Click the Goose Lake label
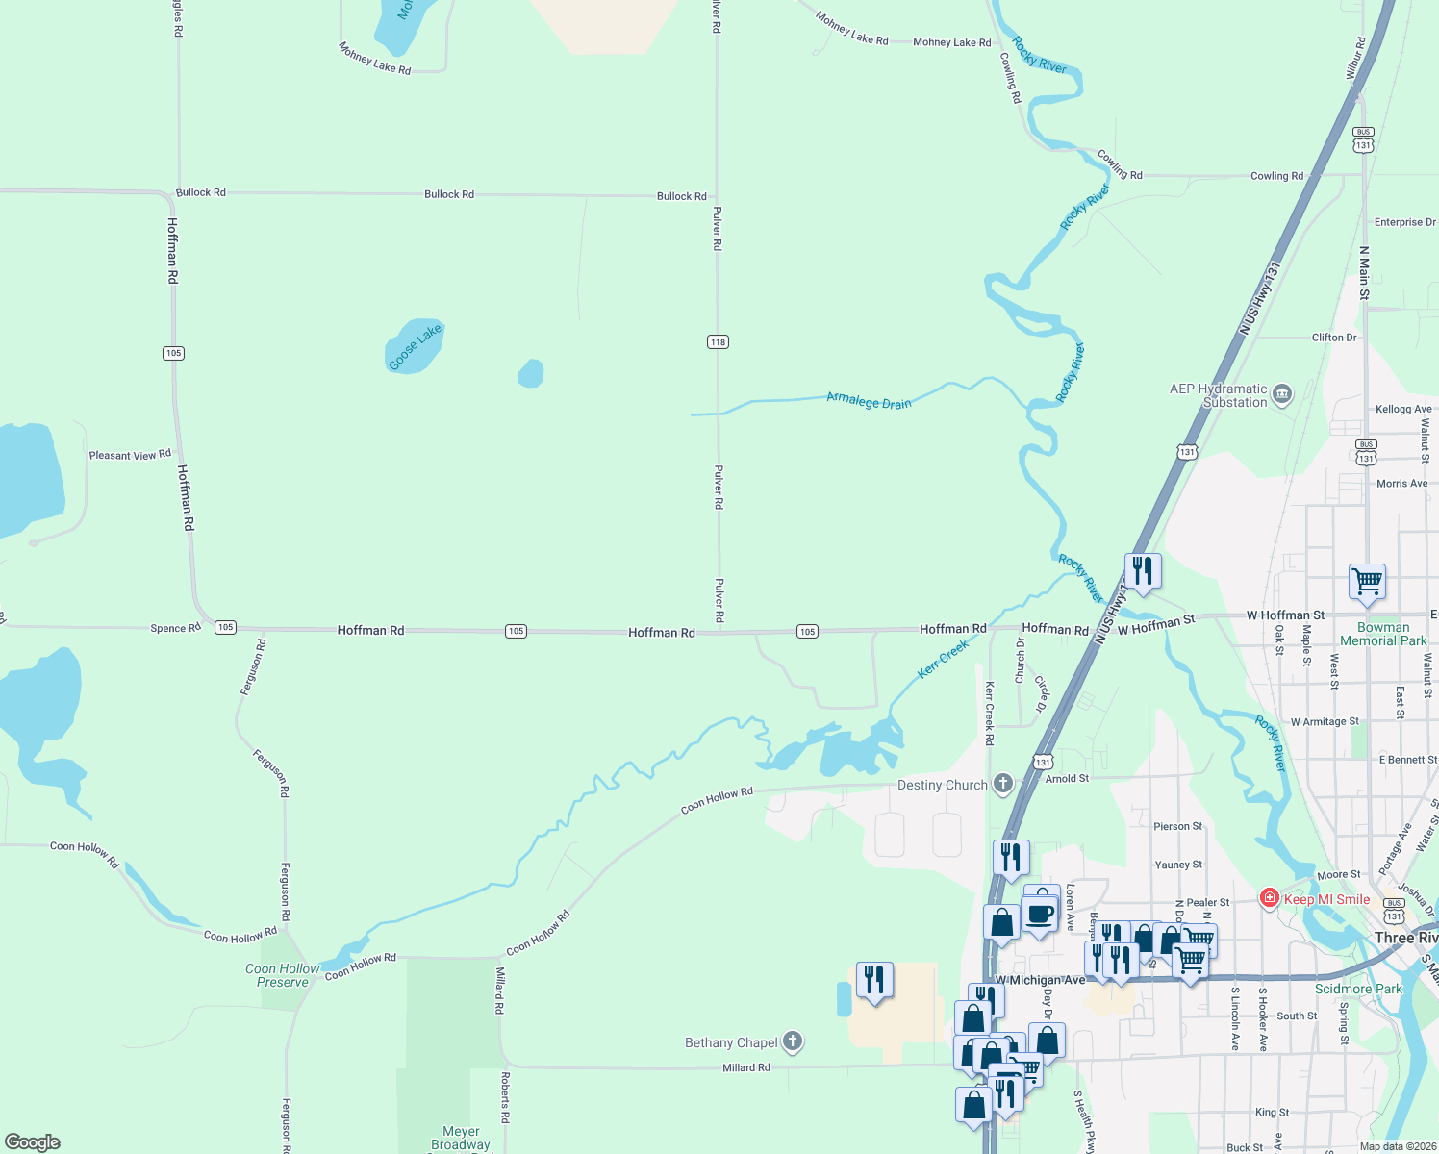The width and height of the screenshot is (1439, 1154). click(x=415, y=346)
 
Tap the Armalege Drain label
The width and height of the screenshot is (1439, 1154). click(x=869, y=400)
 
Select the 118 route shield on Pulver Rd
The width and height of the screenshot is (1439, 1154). click(x=718, y=342)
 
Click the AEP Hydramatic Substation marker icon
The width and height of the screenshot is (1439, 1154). click(x=1281, y=394)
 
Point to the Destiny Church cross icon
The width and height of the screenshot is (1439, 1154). click(x=1002, y=784)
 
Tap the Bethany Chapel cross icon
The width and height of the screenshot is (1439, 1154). click(x=793, y=1041)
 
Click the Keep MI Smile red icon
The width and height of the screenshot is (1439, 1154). click(x=1270, y=898)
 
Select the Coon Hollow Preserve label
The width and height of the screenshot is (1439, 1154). click(x=282, y=975)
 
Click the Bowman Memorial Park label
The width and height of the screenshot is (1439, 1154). click(x=1383, y=634)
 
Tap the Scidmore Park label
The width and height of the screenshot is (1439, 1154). click(x=1358, y=989)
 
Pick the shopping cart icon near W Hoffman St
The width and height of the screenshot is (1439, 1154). click(x=1367, y=581)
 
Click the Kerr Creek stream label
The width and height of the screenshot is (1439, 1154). click(x=943, y=660)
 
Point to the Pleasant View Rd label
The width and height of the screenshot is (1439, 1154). click(x=130, y=455)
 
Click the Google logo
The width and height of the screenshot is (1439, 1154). click(x=33, y=1142)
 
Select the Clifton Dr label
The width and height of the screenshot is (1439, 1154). click(x=1334, y=338)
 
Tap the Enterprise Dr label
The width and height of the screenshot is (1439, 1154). click(x=1404, y=222)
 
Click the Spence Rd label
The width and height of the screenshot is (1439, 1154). click(x=175, y=628)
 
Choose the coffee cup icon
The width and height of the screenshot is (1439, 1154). click(x=1040, y=914)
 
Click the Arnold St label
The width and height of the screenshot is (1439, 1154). click(x=1067, y=778)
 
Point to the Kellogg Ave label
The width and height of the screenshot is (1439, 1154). click(x=1403, y=409)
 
